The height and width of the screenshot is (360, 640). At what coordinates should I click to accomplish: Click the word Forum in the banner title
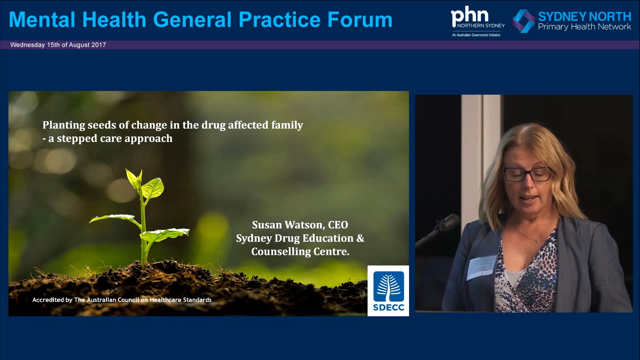click(360, 20)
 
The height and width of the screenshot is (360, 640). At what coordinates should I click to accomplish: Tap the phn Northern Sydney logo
click(477, 21)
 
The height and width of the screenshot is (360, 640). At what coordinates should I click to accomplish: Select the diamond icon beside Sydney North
click(524, 21)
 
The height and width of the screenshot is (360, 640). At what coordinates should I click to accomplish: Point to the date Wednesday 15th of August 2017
click(58, 45)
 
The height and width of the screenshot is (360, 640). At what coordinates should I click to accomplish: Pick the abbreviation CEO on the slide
click(338, 225)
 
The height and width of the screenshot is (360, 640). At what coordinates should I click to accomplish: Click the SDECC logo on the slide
click(388, 291)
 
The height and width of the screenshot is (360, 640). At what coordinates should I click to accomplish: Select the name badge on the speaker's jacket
click(482, 266)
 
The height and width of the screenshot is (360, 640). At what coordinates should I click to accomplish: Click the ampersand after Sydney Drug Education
click(360, 238)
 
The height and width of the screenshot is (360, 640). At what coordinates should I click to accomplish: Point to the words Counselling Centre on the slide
click(300, 252)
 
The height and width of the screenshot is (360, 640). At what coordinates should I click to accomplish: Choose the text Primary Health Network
click(584, 27)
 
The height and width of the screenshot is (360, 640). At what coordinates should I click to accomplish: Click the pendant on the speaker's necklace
click(537, 240)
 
